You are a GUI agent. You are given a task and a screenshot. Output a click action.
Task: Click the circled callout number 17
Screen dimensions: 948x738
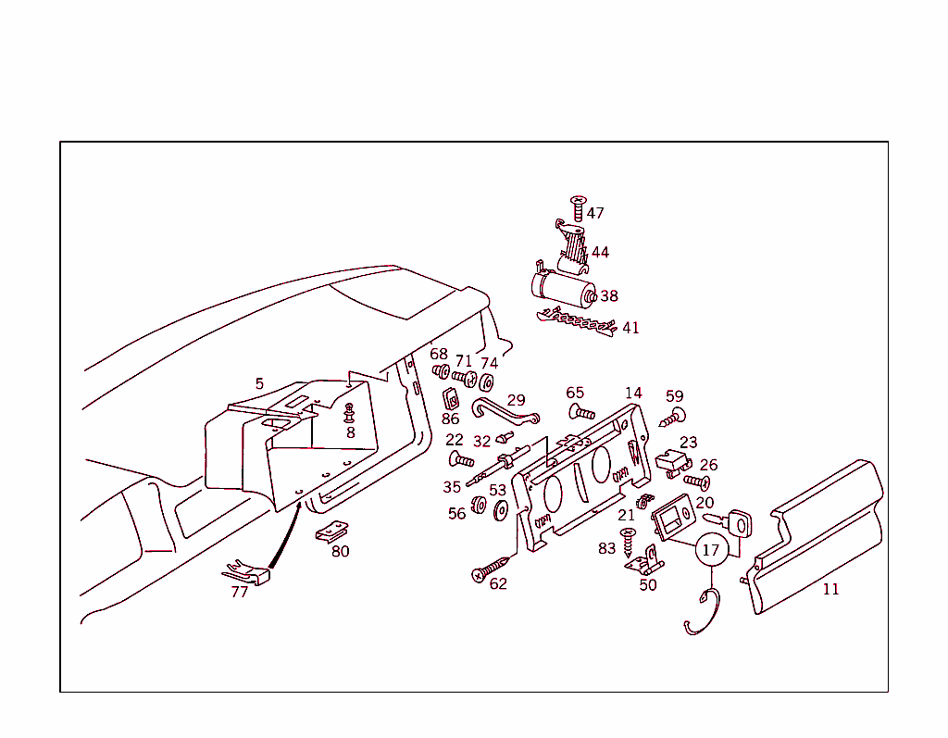click(711, 550)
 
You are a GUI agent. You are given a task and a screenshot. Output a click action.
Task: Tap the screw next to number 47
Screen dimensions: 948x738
click(579, 207)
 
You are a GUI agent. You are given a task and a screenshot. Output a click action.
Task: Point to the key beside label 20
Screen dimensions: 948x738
click(731, 522)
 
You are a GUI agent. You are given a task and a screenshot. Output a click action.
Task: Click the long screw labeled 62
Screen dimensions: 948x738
click(491, 569)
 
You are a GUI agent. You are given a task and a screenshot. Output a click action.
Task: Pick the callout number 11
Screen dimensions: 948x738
click(830, 589)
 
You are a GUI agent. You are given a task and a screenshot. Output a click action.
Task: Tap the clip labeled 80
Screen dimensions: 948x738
click(332, 532)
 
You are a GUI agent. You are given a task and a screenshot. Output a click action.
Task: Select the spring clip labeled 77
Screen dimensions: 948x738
click(247, 572)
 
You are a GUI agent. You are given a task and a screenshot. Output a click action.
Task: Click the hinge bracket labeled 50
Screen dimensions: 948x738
click(645, 561)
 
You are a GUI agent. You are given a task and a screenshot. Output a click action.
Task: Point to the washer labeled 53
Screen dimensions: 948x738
click(501, 510)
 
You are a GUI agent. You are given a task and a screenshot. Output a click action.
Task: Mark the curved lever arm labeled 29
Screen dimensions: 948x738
click(505, 412)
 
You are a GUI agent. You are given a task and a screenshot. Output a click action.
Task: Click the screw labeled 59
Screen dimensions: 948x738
click(673, 418)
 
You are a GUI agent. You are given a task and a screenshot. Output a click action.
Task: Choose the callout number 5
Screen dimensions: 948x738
click(259, 383)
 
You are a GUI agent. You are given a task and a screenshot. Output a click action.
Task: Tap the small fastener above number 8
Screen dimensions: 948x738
click(349, 413)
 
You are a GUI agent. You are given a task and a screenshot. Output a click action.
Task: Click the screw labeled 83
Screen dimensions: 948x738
click(629, 542)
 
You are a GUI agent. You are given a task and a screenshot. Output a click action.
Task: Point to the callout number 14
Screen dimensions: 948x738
click(633, 394)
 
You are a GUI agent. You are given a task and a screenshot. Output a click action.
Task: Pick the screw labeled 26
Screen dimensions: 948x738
click(697, 482)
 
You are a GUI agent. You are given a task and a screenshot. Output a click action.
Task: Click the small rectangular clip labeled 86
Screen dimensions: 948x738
click(451, 399)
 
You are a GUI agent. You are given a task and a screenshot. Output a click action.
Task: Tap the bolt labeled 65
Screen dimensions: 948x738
click(581, 412)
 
